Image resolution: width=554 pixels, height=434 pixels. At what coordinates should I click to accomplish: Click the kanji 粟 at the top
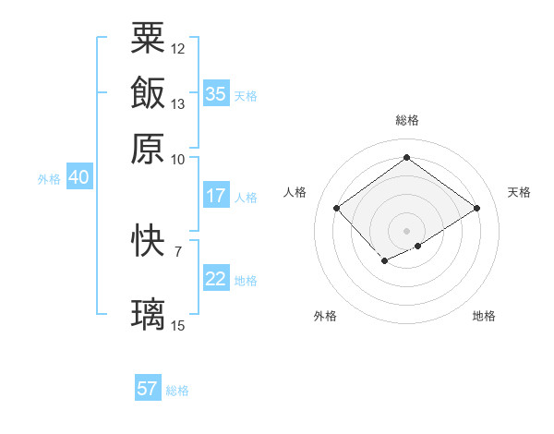click(148, 38)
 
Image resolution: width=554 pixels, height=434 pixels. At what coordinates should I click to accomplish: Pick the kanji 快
click(148, 241)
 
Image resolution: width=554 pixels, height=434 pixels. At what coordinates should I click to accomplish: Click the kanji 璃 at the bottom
click(148, 314)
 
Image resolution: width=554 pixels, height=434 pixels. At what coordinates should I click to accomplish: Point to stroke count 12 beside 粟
click(178, 48)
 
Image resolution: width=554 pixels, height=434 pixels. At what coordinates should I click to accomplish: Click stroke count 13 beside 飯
click(178, 103)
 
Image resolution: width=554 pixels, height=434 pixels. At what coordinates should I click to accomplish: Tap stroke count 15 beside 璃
click(178, 325)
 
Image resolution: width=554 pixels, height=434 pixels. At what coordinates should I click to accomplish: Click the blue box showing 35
click(216, 93)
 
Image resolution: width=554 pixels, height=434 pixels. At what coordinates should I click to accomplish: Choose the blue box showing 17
click(216, 196)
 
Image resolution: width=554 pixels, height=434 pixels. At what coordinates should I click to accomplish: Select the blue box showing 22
click(216, 279)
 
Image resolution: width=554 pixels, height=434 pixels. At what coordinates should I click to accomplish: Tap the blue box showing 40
click(78, 178)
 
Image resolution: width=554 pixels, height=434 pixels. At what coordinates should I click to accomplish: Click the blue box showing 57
click(148, 389)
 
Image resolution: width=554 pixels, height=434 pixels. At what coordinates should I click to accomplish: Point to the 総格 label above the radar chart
click(406, 120)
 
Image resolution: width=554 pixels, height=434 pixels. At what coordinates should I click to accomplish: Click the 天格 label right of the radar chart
click(519, 192)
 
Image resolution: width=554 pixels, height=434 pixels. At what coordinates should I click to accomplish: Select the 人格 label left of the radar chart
click(295, 192)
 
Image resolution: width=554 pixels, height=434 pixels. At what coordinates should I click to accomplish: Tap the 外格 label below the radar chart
click(325, 316)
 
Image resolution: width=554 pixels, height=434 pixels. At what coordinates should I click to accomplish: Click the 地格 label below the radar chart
click(484, 316)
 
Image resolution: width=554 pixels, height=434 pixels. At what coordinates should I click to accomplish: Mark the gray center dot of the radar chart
click(406, 230)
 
